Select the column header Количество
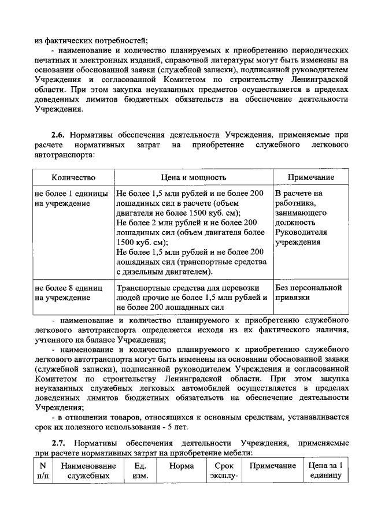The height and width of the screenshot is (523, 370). click(73, 177)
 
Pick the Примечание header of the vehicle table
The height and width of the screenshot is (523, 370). click(310, 177)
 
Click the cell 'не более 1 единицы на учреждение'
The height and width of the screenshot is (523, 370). click(68, 198)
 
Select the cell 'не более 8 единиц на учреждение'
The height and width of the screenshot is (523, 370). click(68, 292)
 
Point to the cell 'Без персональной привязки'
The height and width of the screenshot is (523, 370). click(309, 292)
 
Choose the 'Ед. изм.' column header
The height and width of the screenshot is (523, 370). click(140, 471)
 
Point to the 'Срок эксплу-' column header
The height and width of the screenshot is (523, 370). click(223, 471)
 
